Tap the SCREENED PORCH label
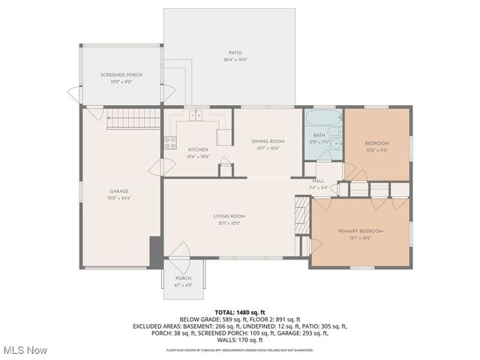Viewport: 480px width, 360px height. [x=121, y=75]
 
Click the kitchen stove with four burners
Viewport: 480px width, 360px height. [x=170, y=141]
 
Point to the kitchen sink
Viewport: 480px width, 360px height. [x=196, y=115]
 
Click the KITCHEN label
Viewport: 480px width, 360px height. [x=198, y=149]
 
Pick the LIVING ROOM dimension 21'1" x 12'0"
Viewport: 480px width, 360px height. [x=232, y=223]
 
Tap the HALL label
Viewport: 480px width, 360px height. [x=318, y=181]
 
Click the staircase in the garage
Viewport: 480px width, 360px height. [x=133, y=118]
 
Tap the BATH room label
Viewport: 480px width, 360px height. [x=319, y=136]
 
